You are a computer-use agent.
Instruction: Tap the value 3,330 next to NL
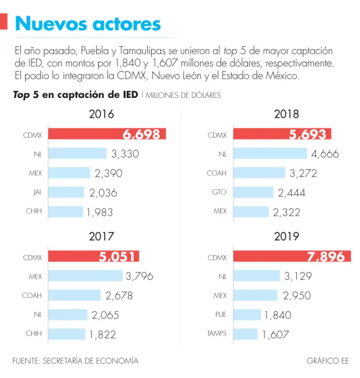click(x=125, y=154)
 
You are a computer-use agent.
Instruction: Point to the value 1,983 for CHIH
click(x=100, y=212)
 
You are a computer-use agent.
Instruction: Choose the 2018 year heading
click(x=287, y=114)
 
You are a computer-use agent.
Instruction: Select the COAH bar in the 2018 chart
click(x=259, y=173)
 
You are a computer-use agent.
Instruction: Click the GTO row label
click(x=219, y=192)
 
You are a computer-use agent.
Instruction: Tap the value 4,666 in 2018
click(x=325, y=154)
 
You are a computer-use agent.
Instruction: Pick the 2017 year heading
click(x=101, y=236)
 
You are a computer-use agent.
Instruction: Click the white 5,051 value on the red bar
click(x=117, y=256)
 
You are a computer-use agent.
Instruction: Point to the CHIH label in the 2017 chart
click(x=33, y=334)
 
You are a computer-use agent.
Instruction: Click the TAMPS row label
click(x=217, y=334)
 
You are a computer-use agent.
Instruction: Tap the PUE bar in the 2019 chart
click(x=247, y=315)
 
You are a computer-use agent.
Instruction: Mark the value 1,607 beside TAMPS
click(x=276, y=334)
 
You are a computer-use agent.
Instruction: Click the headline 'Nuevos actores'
click(x=88, y=23)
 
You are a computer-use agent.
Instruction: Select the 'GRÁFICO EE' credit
click(x=327, y=361)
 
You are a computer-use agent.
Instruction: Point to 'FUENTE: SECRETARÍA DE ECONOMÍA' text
click(x=75, y=361)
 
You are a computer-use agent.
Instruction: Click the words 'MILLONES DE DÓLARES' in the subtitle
click(x=183, y=95)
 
